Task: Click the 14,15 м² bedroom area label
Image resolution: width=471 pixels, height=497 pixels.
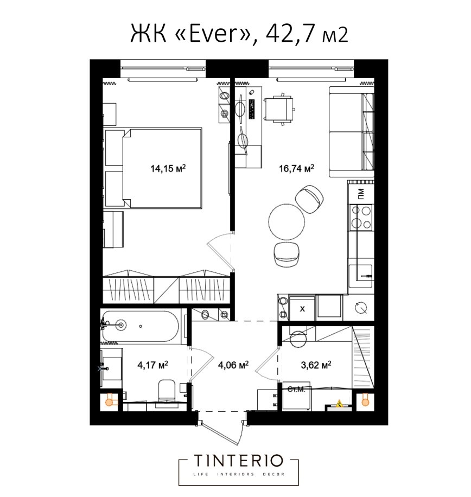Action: pos(168,168)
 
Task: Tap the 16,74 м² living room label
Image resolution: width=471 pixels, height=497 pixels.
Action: pos(296,168)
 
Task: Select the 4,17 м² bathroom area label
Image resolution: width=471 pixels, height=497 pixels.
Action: pos(152,365)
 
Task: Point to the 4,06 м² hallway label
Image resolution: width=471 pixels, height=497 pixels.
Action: pos(233,365)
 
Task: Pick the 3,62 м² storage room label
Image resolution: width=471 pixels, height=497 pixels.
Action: pos(316,365)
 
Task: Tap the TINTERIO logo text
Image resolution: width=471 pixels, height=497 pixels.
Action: pos(238,461)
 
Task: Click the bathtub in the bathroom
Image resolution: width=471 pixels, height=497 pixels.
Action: pos(140,326)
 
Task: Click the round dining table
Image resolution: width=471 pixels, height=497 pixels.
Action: pos(286,221)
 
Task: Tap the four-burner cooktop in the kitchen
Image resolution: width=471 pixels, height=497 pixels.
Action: pos(361,217)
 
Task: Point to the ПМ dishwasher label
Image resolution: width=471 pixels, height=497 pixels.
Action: pos(361,193)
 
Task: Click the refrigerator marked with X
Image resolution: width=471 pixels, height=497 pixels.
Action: pos(302,308)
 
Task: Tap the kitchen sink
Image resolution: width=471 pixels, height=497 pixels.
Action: pos(360,276)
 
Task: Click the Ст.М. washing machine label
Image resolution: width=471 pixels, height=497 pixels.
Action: pos(296,389)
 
